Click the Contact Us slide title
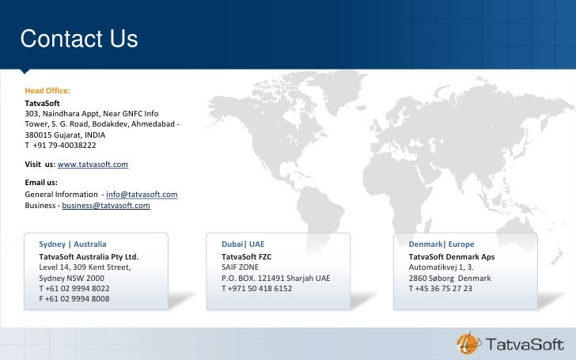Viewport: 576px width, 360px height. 79,39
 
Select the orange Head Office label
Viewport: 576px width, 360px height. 47,92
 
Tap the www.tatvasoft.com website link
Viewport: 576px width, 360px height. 93,164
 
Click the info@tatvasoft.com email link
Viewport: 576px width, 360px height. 142,194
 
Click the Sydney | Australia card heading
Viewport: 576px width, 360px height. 73,244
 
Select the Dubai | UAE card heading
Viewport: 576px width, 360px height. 243,244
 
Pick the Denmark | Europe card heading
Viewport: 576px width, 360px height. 441,244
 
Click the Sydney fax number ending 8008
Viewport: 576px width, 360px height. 74,299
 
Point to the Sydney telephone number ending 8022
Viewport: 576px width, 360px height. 74,289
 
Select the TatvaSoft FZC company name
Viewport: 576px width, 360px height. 246,257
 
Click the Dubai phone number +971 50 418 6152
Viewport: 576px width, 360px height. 257,289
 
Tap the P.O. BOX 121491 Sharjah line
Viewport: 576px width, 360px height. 275,279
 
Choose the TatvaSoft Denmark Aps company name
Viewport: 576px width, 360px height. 452,257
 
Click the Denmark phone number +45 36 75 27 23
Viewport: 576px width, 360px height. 441,289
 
